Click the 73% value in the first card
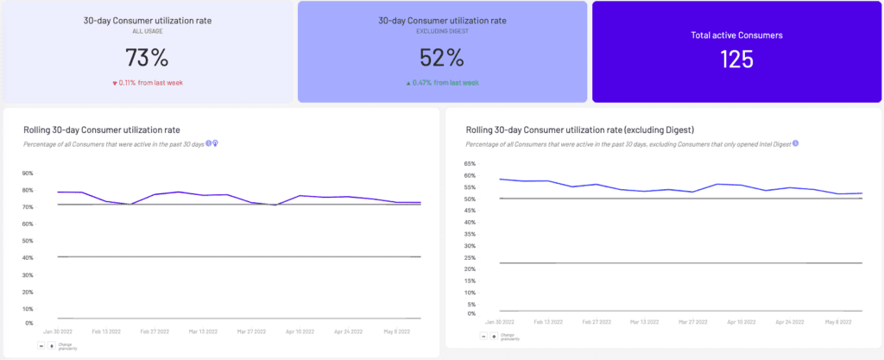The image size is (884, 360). tap(147, 58)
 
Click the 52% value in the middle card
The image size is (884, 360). tap(443, 58)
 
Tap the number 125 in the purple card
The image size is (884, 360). tap(736, 59)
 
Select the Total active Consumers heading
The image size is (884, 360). tap(736, 35)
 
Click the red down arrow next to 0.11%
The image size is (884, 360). tap(115, 83)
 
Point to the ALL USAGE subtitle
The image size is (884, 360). tap(147, 30)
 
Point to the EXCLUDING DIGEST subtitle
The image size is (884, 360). tap(442, 30)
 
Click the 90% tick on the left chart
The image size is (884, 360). tap(28, 173)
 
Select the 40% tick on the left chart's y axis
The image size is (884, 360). tap(28, 258)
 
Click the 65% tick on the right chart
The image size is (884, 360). tap(470, 163)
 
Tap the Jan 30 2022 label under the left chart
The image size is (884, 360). tap(58, 331)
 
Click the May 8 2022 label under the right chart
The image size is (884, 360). tap(837, 321)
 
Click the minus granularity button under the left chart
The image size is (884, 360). tap(41, 345)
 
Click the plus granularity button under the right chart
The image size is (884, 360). tap(494, 336)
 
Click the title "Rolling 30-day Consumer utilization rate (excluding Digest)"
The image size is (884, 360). tap(580, 129)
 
